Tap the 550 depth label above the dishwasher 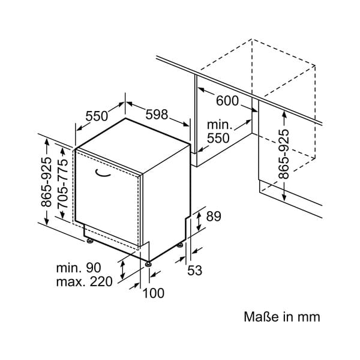97,116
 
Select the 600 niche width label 227,102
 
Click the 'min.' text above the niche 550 220,125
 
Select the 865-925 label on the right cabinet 284,154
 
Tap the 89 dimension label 214,217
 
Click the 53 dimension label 194,271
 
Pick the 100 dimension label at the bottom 153,293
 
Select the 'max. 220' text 84,282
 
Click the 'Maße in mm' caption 282,317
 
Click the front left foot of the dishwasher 89,241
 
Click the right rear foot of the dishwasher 180,245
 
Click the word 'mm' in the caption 309,317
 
